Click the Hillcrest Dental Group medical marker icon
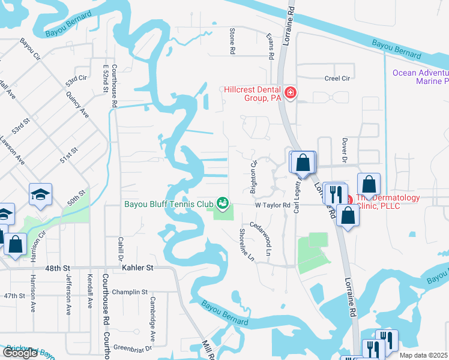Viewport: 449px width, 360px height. (291, 92)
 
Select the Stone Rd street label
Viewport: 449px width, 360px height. (231, 41)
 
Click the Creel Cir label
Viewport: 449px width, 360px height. (337, 78)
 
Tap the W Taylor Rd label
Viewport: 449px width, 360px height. (268, 205)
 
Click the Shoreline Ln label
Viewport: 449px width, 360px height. (247, 245)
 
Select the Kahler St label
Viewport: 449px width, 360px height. (138, 268)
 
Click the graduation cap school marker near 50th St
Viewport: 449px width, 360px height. (40, 194)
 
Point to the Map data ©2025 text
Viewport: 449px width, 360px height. (423, 355)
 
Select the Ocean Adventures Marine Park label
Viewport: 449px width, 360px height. (420, 77)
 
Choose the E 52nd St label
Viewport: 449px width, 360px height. (106, 78)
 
